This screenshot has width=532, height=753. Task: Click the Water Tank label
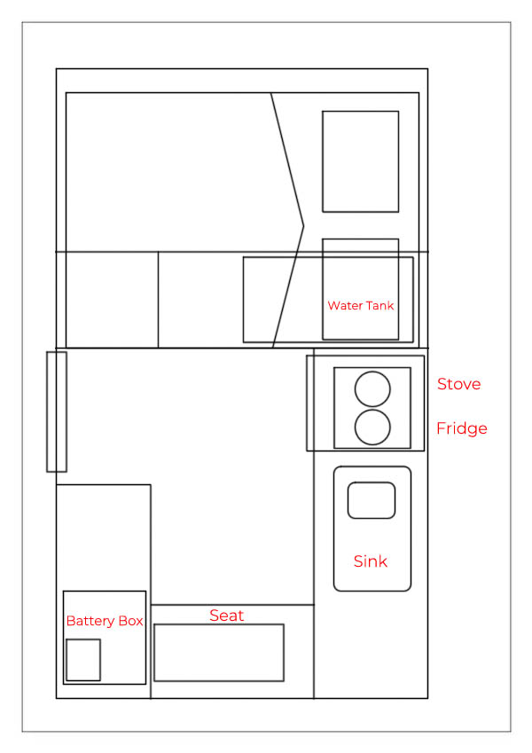pyautogui.click(x=361, y=305)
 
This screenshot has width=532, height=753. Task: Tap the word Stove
pyautogui.click(x=458, y=384)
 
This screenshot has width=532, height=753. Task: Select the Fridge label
pyautogui.click(x=461, y=427)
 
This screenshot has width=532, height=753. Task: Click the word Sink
pyautogui.click(x=371, y=561)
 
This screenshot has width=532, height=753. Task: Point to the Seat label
pyautogui.click(x=227, y=616)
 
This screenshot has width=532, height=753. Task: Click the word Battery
pyautogui.click(x=90, y=621)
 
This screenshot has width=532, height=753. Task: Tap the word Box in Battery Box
pyautogui.click(x=130, y=621)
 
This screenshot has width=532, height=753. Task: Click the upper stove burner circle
pyautogui.click(x=372, y=372)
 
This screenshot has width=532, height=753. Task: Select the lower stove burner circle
pyautogui.click(x=372, y=410)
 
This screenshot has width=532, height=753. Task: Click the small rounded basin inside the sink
pyautogui.click(x=372, y=482)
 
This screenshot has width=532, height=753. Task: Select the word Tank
pyautogui.click(x=379, y=305)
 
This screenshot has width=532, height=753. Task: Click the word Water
pyautogui.click(x=345, y=305)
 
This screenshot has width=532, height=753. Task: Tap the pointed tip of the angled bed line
pyautogui.click(x=304, y=225)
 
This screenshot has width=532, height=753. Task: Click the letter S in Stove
pyautogui.click(x=442, y=384)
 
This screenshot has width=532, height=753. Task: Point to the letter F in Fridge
pyautogui.click(x=441, y=427)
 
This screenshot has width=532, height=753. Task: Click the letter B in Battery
pyautogui.click(x=71, y=621)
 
